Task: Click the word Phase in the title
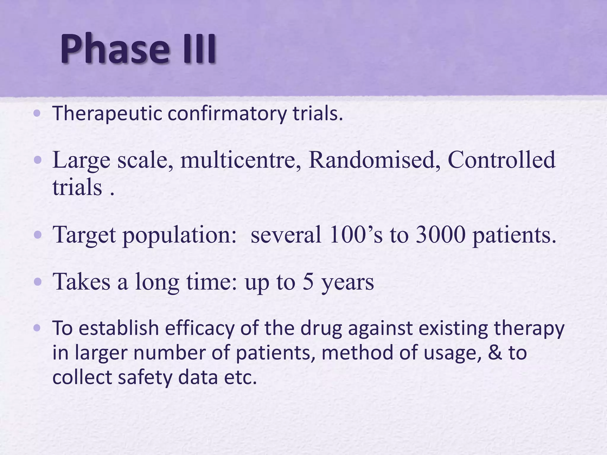click(114, 49)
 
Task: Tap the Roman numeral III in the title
click(199, 49)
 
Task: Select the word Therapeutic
click(107, 113)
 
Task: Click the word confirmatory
click(227, 113)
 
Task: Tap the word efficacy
click(199, 329)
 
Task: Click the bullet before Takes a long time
click(37, 282)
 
